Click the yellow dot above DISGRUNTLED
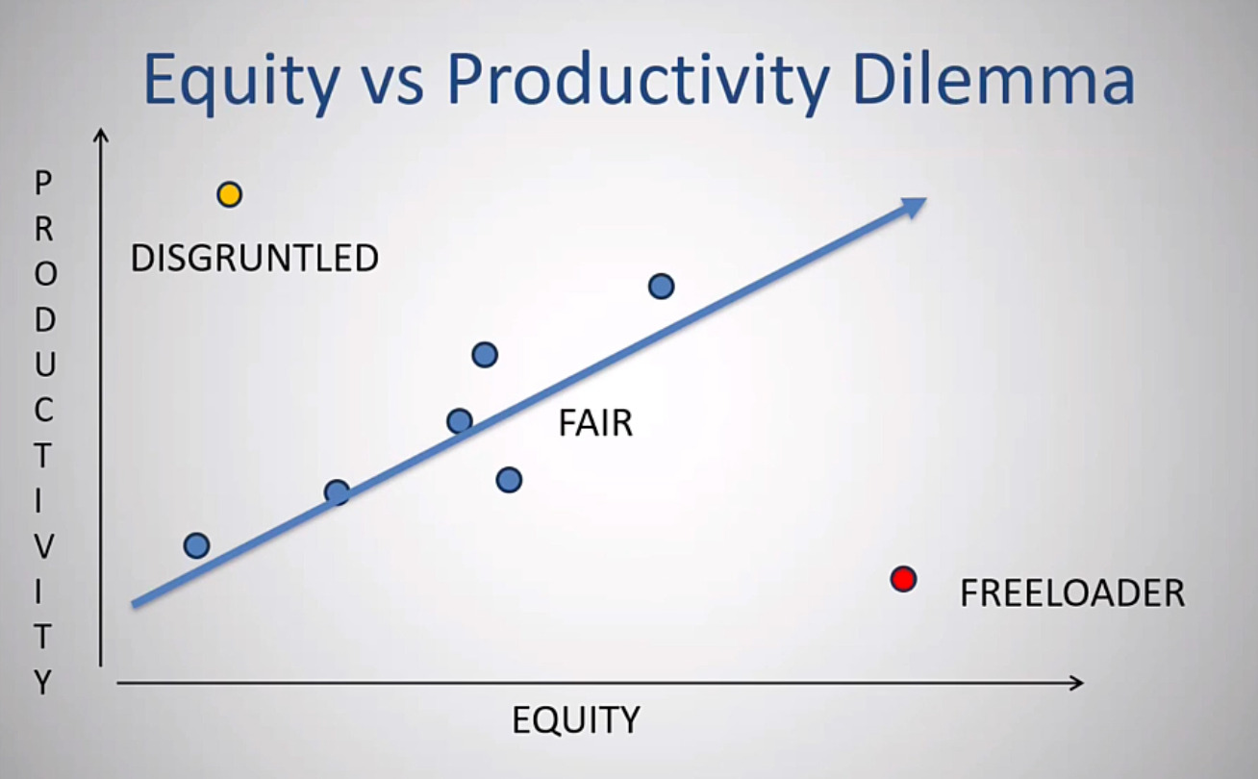(x=229, y=195)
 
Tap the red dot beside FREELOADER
(x=902, y=579)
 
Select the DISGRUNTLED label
(x=254, y=259)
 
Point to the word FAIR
(x=595, y=423)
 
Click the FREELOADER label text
(x=1071, y=593)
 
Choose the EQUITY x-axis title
(x=575, y=719)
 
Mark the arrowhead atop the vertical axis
(x=100, y=136)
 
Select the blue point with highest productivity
(x=661, y=286)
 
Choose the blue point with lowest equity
(x=196, y=545)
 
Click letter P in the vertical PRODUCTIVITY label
(x=43, y=183)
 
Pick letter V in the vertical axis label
(x=43, y=546)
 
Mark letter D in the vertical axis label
(x=43, y=319)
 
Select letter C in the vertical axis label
(x=43, y=410)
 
